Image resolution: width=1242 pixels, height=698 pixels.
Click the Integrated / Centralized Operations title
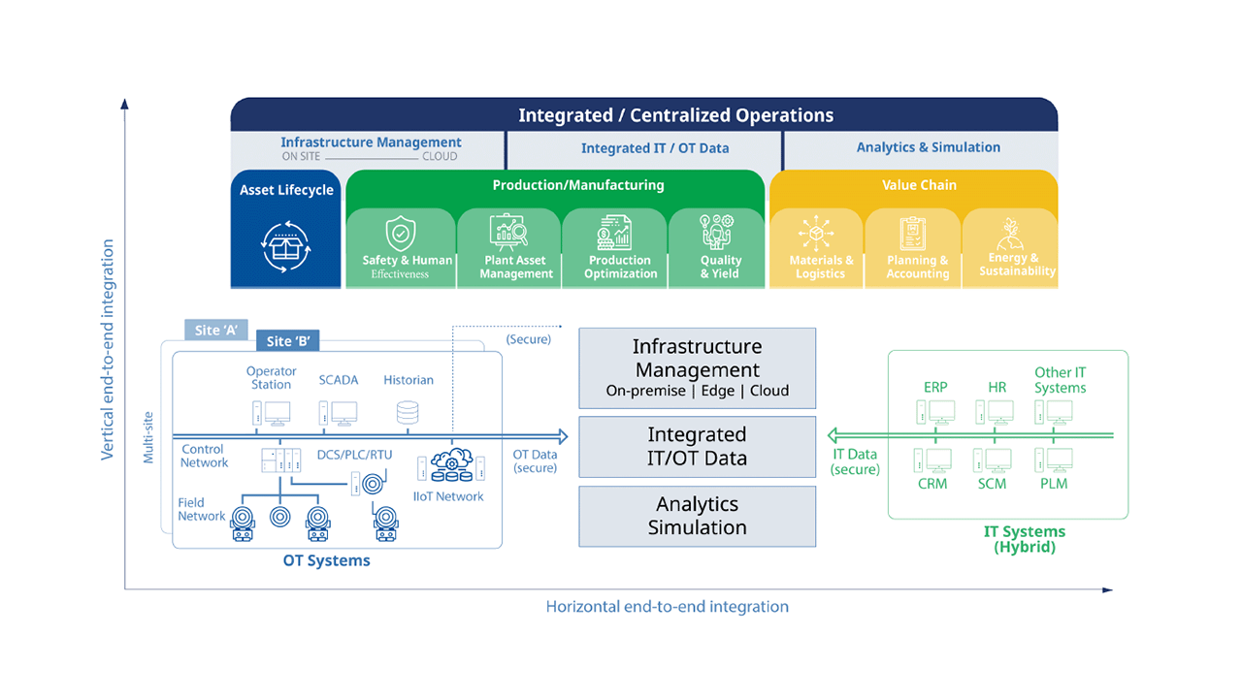675,115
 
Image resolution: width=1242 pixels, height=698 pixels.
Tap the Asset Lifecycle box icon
286,247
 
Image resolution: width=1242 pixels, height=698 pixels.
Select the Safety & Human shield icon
400,234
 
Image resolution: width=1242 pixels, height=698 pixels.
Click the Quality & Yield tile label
721,267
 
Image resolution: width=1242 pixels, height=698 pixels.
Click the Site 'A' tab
215,331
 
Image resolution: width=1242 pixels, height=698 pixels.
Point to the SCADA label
339,380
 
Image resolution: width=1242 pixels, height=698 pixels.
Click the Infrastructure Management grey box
697,367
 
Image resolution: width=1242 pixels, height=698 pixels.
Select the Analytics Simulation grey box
697,516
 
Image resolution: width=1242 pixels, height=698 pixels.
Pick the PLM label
1055,483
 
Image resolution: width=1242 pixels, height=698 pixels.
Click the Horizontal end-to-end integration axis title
667,607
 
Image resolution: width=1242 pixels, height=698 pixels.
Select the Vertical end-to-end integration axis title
108,349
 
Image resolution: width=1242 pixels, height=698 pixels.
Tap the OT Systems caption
326,560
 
